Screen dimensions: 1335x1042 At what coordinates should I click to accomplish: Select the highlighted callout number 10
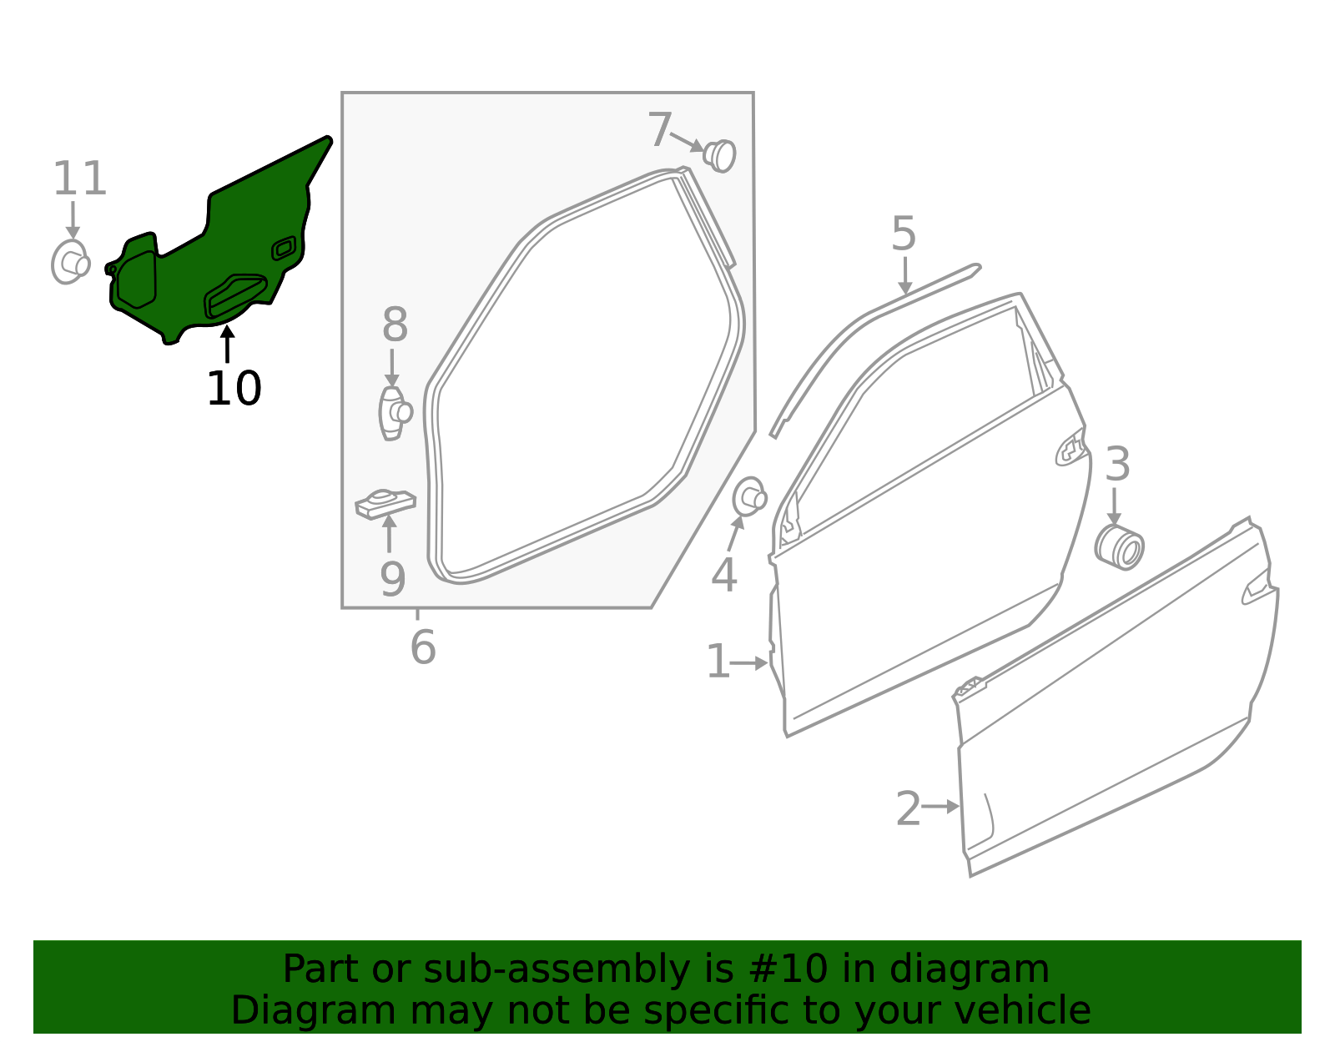point(234,388)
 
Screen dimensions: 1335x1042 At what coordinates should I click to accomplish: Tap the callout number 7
point(661,129)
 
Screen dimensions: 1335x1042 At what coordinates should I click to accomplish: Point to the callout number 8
point(395,325)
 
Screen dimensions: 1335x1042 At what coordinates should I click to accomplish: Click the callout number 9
point(393,579)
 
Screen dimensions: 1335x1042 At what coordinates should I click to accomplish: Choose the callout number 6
point(423,647)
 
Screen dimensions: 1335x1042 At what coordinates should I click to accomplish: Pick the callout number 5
point(904,234)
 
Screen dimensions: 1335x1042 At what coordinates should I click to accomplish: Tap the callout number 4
point(723,576)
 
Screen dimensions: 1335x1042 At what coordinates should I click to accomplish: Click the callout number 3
point(1117,464)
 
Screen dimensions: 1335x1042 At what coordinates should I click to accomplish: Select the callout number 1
point(718,662)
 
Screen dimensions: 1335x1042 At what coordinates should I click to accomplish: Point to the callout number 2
point(908,808)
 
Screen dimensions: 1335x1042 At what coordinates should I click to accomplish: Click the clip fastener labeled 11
point(71,262)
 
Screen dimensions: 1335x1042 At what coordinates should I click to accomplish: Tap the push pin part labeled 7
point(720,156)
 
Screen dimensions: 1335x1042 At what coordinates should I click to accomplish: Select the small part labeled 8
point(395,413)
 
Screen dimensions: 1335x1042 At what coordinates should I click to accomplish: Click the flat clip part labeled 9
point(385,504)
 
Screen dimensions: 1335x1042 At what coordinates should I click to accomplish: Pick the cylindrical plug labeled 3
point(1119,547)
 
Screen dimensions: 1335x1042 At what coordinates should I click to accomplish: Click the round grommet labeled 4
point(749,496)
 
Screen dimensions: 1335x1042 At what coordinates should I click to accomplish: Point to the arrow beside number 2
point(940,806)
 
